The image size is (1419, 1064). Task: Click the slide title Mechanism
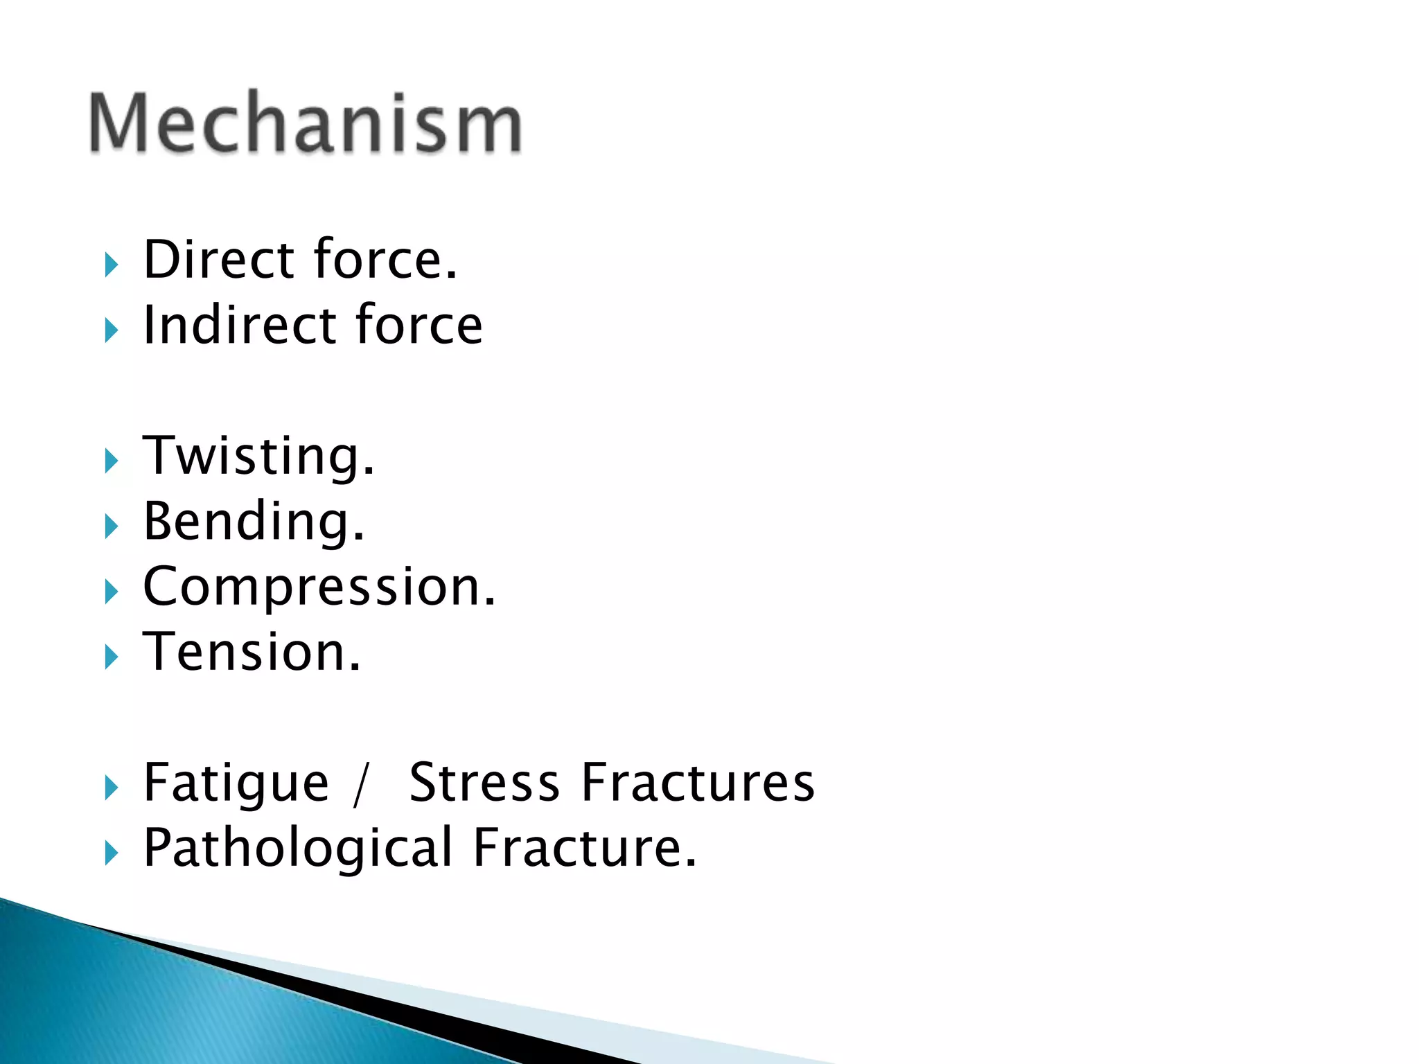[x=305, y=123]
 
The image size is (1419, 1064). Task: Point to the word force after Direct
[x=385, y=259]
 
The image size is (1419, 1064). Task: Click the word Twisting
[x=258, y=456]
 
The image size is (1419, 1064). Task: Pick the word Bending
[x=253, y=521]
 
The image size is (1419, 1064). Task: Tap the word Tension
[x=251, y=652]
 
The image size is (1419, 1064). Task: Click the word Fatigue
[x=236, y=783]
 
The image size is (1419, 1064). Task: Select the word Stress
[x=484, y=783]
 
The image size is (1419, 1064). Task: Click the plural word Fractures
[x=698, y=783]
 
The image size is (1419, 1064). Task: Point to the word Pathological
[x=298, y=848]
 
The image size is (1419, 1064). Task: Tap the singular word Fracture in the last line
[x=584, y=848]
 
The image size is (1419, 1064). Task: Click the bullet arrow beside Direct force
[x=111, y=265]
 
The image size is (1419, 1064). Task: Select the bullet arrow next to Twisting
[x=111, y=461]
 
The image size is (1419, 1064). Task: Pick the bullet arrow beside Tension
[x=111, y=657]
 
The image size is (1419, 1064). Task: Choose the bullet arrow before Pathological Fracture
[x=111, y=853]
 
